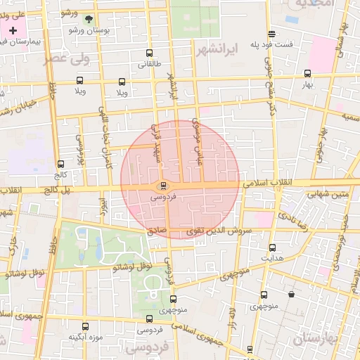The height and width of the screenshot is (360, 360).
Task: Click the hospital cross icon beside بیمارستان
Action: click(13, 30)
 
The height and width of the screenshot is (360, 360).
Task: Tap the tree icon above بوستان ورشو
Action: click(88, 20)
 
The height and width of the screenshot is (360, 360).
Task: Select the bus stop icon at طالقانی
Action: click(148, 53)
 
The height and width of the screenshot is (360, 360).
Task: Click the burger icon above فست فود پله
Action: click(271, 34)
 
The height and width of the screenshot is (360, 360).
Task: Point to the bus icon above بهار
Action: click(307, 73)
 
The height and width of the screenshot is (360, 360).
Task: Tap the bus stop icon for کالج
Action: click(60, 164)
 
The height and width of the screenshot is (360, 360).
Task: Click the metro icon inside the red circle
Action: click(164, 186)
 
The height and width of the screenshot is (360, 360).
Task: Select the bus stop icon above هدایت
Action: click(272, 247)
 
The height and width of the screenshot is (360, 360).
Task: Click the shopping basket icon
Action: click(291, 294)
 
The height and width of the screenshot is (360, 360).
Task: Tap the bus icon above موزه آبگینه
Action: click(86, 326)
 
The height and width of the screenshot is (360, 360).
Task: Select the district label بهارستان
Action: click(316, 341)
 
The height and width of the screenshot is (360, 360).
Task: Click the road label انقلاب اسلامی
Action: click(270, 183)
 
